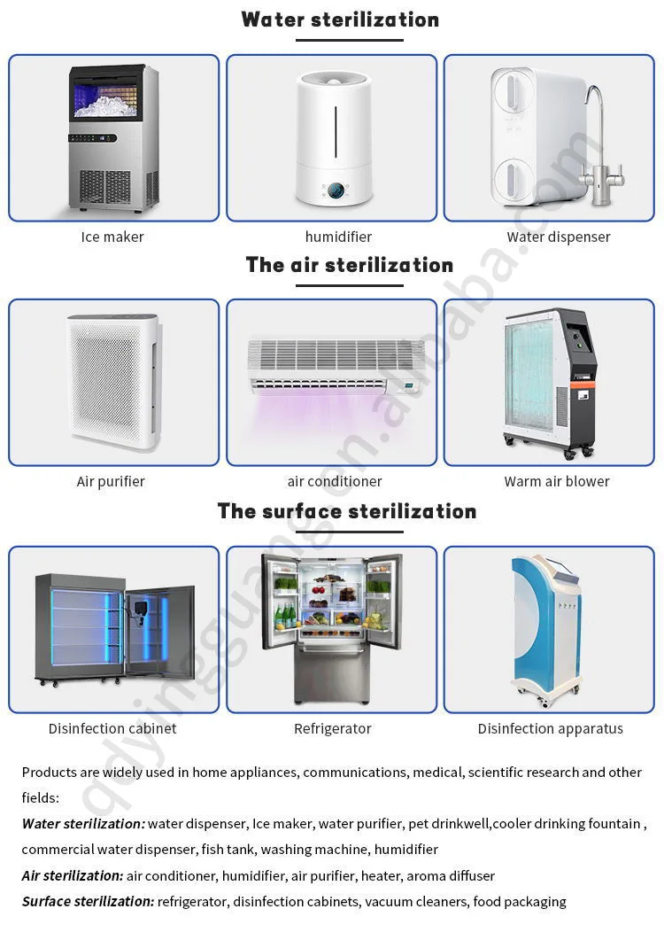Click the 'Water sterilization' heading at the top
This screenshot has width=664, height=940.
pyautogui.click(x=340, y=19)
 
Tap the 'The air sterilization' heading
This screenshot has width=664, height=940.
pyautogui.click(x=349, y=265)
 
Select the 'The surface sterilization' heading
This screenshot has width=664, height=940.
pyautogui.click(x=346, y=511)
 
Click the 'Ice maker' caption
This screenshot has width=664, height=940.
pyautogui.click(x=112, y=237)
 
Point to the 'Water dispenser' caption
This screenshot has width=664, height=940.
pyautogui.click(x=559, y=237)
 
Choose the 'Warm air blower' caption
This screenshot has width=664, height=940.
pyautogui.click(x=557, y=481)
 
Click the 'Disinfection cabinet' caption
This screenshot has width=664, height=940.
pyautogui.click(x=112, y=728)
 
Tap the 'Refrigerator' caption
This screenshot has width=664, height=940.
pyautogui.click(x=332, y=728)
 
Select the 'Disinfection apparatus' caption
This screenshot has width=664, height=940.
pyautogui.click(x=550, y=728)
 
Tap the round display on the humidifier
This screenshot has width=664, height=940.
pyautogui.click(x=336, y=191)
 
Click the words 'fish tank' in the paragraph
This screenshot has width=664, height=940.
pyautogui.click(x=227, y=849)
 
